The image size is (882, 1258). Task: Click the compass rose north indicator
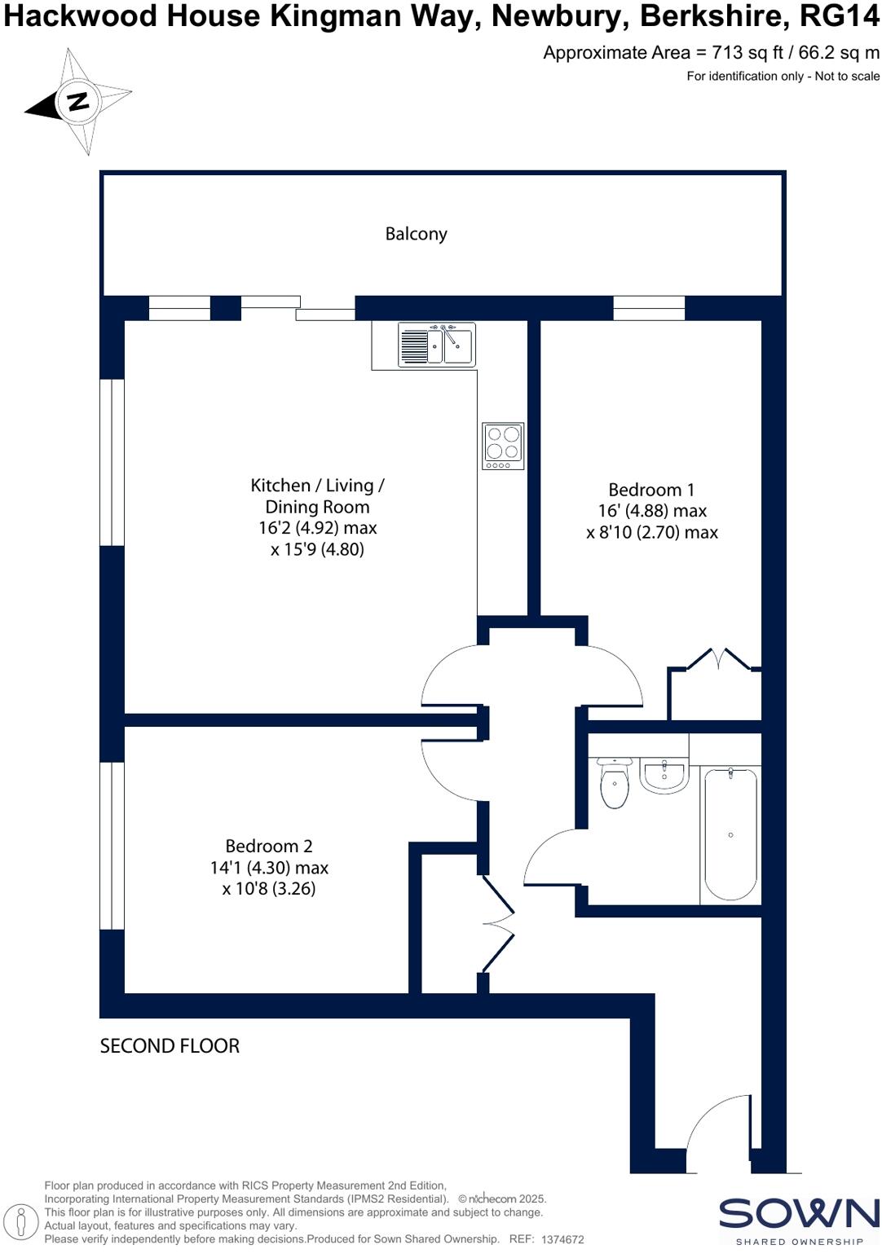[78, 102]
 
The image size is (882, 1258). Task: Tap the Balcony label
[416, 234]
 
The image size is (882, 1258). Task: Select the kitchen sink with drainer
[436, 344]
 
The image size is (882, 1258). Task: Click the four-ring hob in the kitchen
[502, 445]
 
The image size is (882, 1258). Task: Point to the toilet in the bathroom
[614, 783]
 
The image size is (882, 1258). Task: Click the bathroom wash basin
[664, 775]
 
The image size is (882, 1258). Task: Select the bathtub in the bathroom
[730, 834]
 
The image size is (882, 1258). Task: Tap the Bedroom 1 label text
[651, 490]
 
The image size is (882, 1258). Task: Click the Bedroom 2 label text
[269, 846]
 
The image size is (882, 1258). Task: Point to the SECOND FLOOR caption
[170, 1046]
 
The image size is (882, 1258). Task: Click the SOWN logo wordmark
[798, 1214]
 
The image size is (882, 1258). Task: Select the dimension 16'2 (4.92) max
[317, 528]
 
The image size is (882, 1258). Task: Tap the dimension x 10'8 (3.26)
[269, 889]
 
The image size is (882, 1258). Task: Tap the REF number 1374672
[562, 1239]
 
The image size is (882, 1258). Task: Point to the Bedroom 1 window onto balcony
[649, 308]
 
